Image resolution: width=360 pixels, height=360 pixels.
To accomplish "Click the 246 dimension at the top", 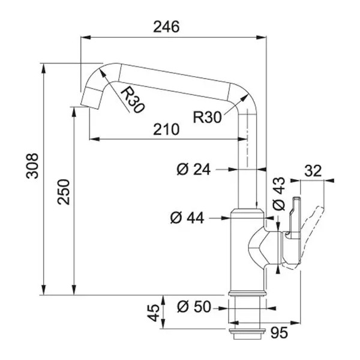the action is (166, 26).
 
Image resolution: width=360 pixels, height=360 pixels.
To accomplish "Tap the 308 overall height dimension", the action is (32, 166).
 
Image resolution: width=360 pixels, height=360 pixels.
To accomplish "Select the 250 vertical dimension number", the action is (64, 192).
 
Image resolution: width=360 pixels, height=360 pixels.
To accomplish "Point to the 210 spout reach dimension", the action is (166, 129).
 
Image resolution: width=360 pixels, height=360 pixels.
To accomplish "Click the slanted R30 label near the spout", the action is (133, 100).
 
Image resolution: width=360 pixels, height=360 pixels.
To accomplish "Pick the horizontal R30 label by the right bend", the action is (208, 117).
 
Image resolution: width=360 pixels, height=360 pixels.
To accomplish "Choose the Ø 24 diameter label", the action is (194, 170).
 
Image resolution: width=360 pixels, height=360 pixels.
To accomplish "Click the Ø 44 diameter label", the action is (187, 218).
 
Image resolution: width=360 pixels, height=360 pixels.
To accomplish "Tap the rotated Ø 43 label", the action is (278, 194).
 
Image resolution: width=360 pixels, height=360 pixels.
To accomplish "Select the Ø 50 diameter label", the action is (194, 307).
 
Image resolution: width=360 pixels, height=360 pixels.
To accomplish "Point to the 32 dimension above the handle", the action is (313, 171).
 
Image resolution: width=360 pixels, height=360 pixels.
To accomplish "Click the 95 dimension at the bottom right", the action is (279, 332).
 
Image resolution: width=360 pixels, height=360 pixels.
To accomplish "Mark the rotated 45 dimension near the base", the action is (153, 313).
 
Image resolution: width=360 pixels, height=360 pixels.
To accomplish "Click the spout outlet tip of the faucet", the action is (91, 99).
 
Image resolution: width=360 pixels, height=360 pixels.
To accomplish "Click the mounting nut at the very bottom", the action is (247, 334).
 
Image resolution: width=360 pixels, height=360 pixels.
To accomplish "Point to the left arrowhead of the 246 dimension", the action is (86, 37).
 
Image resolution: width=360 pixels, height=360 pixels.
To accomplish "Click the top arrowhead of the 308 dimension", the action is (43, 68).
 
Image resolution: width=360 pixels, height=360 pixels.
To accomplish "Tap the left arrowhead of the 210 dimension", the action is (94, 139).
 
